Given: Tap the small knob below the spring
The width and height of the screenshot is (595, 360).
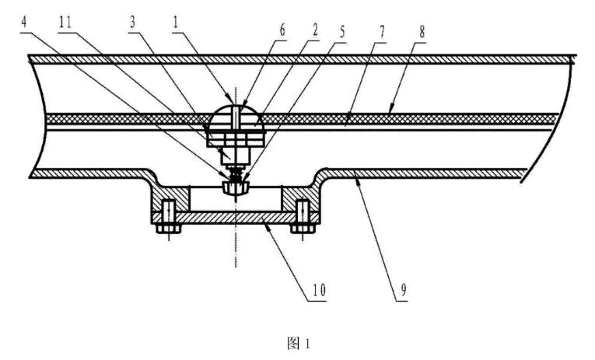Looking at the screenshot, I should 233,187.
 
